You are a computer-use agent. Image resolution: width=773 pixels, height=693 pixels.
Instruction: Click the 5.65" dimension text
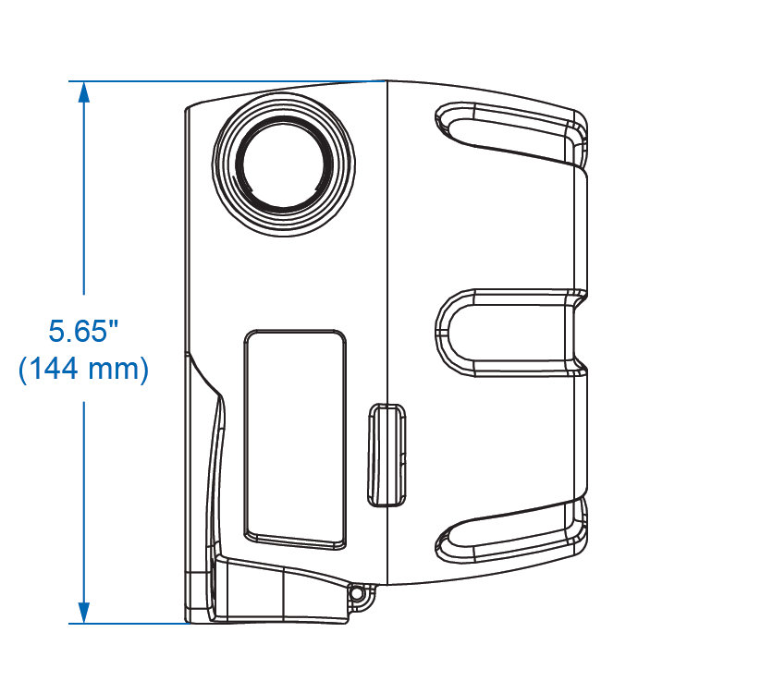click(84, 331)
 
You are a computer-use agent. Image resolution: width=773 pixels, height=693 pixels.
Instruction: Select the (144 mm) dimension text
click(83, 369)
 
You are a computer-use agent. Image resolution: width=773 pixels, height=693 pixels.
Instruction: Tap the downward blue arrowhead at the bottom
click(84, 613)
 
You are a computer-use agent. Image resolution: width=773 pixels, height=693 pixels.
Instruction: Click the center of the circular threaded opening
click(284, 164)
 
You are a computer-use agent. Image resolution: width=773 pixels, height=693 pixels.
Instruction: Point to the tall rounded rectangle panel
click(295, 439)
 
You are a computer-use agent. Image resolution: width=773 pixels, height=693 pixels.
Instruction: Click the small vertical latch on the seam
click(387, 455)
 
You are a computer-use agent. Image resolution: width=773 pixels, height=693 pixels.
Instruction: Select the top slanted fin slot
click(511, 133)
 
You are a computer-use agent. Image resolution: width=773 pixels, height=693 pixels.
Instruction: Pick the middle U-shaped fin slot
click(511, 333)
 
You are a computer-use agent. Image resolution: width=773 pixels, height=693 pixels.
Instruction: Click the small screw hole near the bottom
click(356, 593)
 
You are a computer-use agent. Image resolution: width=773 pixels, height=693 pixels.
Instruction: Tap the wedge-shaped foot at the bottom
click(286, 591)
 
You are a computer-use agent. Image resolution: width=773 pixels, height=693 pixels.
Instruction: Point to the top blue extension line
click(227, 80)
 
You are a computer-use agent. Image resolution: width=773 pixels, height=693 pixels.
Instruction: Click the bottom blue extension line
click(129, 623)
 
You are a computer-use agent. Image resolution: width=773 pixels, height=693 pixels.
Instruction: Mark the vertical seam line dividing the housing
click(387, 333)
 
